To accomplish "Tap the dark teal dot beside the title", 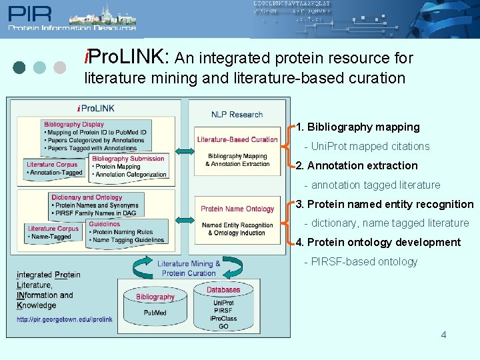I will pyautogui.click(x=19, y=67).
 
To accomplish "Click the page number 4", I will pyautogui.click(x=443, y=334).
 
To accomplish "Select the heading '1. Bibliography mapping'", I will pyautogui.click(x=358, y=127).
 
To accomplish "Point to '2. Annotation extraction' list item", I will pyautogui.click(x=357, y=165).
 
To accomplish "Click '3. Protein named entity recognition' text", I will pyautogui.click(x=385, y=204).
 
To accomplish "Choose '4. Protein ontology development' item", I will pyautogui.click(x=378, y=242).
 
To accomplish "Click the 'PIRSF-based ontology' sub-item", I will pyautogui.click(x=364, y=261).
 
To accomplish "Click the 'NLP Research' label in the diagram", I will pyautogui.click(x=237, y=114).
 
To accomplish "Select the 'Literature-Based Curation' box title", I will pyautogui.click(x=237, y=139).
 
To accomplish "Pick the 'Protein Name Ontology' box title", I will pyautogui.click(x=237, y=209).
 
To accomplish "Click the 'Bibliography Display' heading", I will pyautogui.click(x=74, y=124).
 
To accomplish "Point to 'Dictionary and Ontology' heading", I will pyautogui.click(x=87, y=197).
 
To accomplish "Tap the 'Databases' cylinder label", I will pyautogui.click(x=223, y=290).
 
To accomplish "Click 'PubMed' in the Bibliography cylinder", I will pyautogui.click(x=155, y=313).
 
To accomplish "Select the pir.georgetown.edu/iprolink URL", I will pyautogui.click(x=65, y=319).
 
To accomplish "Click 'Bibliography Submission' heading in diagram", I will pyautogui.click(x=128, y=159).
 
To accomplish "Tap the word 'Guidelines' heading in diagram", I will pyautogui.click(x=105, y=224).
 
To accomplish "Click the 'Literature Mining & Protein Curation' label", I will pyautogui.click(x=189, y=268).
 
